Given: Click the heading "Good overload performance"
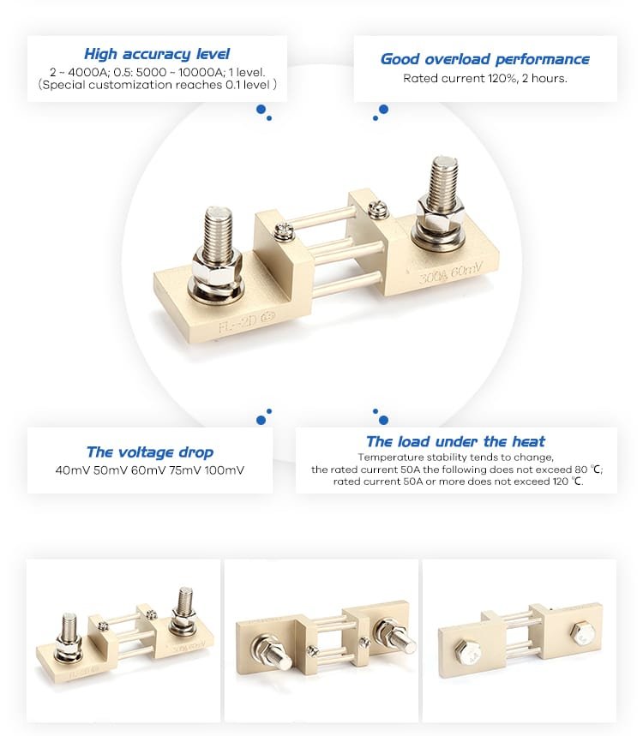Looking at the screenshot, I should point(484,59).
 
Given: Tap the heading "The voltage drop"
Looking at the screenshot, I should point(150,452).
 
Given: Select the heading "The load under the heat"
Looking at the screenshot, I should point(455,441).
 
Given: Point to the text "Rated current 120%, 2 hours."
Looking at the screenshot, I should point(484,78).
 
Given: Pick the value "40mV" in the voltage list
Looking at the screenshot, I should point(72,470).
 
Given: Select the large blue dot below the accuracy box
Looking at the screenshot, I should point(261,109).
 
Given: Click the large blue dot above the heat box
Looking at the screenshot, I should point(383,420).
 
